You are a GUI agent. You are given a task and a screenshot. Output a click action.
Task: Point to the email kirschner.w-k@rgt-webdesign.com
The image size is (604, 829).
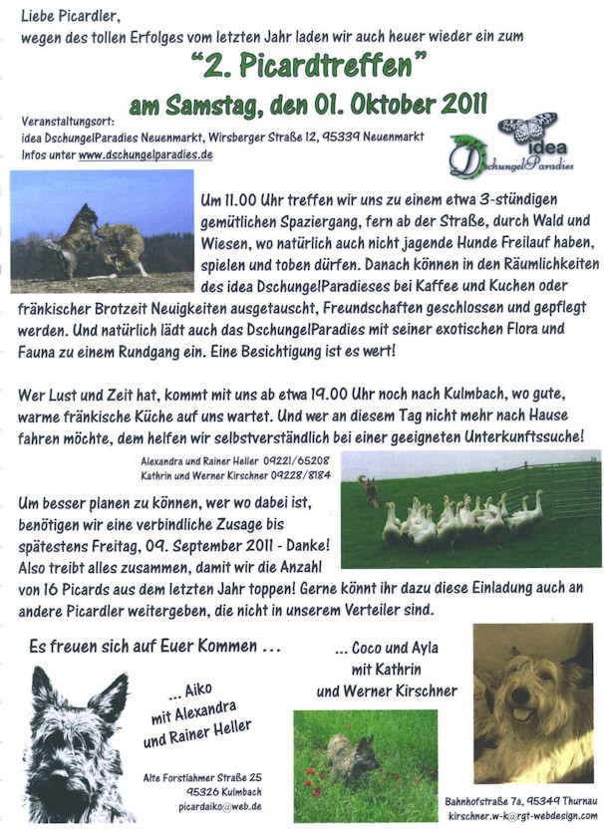click(522, 815)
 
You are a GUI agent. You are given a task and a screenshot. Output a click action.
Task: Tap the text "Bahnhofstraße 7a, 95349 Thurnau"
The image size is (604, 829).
click(522, 801)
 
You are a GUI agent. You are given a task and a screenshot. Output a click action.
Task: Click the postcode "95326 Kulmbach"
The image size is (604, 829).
click(212, 791)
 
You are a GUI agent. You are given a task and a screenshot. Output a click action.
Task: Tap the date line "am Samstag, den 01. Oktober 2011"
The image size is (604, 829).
click(308, 104)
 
